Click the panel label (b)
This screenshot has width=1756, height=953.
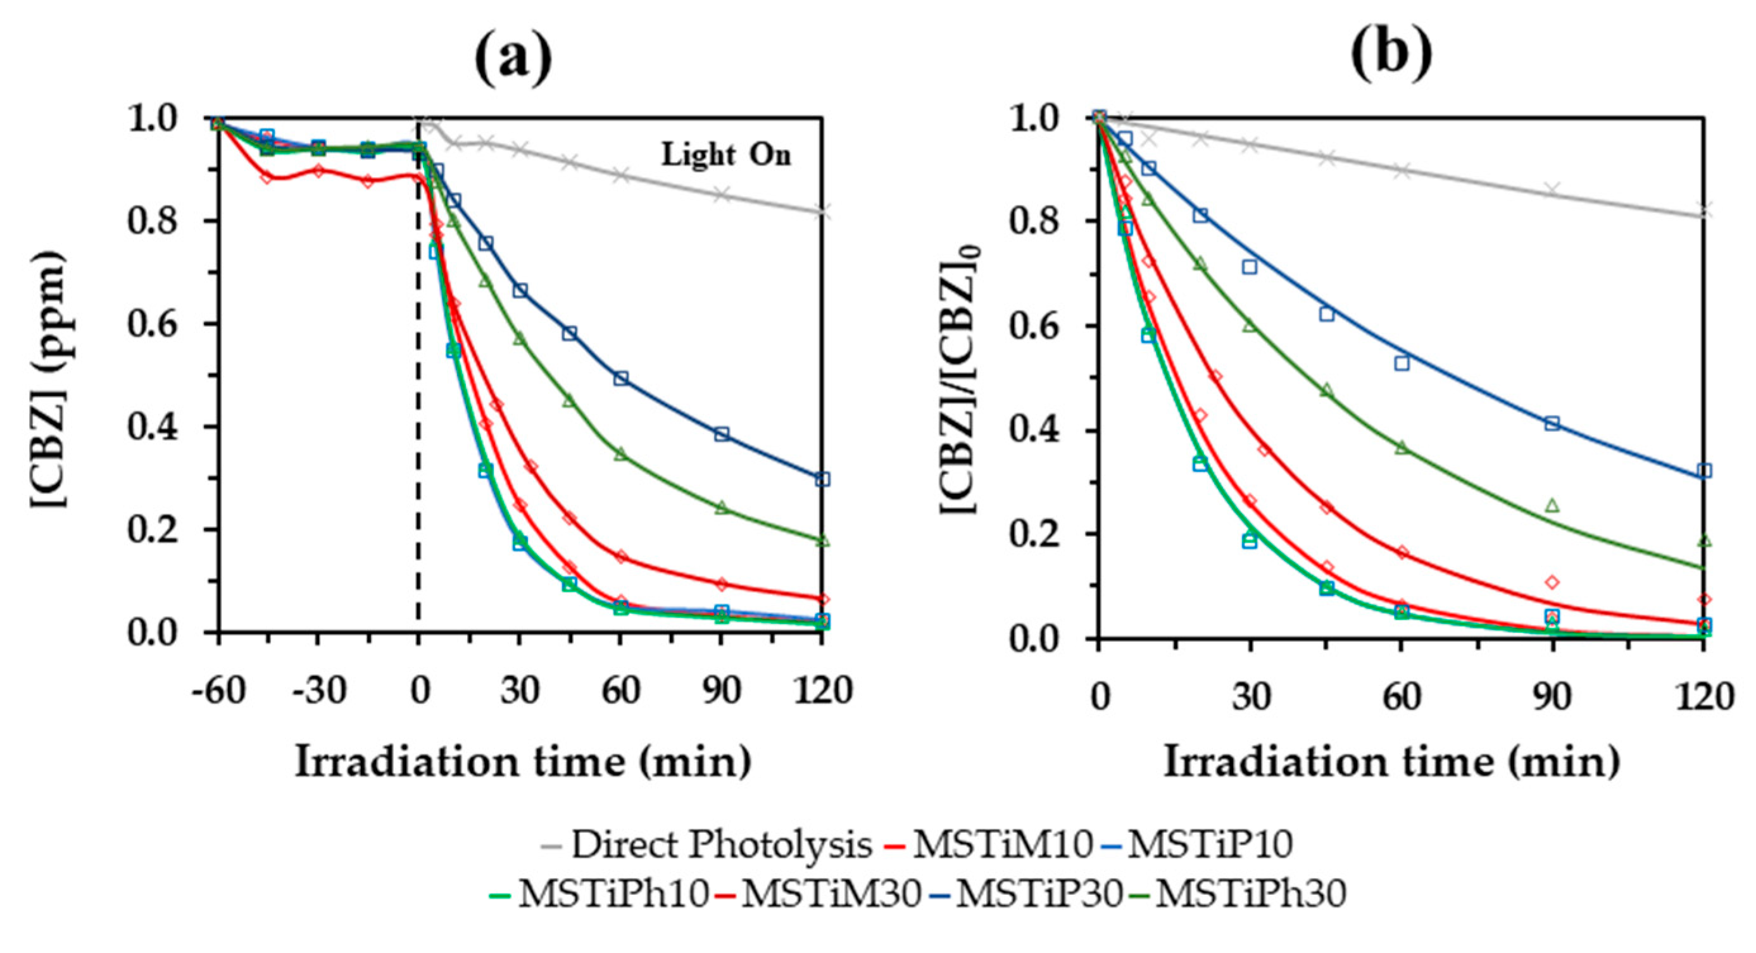click(1391, 52)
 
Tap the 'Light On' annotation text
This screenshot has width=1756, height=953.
click(726, 156)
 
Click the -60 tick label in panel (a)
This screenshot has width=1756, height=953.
click(218, 691)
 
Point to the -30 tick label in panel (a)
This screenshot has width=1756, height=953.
click(318, 691)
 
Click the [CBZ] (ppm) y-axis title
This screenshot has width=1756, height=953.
click(49, 379)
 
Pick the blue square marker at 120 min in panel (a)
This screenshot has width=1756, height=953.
click(823, 479)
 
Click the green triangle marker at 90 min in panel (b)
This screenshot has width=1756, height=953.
click(1553, 505)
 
